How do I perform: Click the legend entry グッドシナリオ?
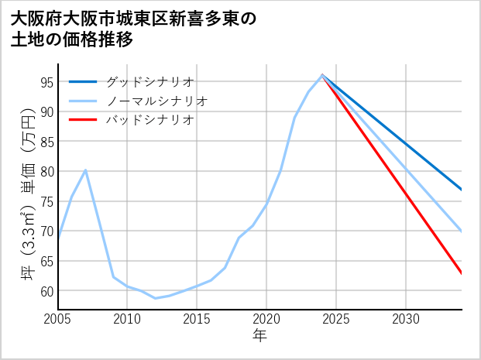click(149, 81)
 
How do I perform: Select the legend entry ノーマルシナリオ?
click(156, 101)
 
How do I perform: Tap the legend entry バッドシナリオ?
click(149, 120)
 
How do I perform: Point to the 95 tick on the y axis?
click(46, 82)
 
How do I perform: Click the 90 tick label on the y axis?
click(46, 111)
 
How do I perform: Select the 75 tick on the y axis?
click(46, 201)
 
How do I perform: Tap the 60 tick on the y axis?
click(46, 291)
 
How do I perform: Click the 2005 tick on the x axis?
click(57, 319)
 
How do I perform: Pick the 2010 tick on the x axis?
click(127, 319)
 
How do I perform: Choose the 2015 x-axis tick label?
click(197, 319)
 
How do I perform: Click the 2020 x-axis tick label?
click(266, 319)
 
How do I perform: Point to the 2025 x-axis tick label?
click(336, 319)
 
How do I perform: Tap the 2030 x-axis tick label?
click(406, 319)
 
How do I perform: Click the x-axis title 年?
click(259, 336)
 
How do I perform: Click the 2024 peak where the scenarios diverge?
click(322, 75)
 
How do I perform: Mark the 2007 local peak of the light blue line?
click(85, 170)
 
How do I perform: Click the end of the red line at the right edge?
click(462, 273)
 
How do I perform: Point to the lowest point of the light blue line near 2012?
click(155, 298)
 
